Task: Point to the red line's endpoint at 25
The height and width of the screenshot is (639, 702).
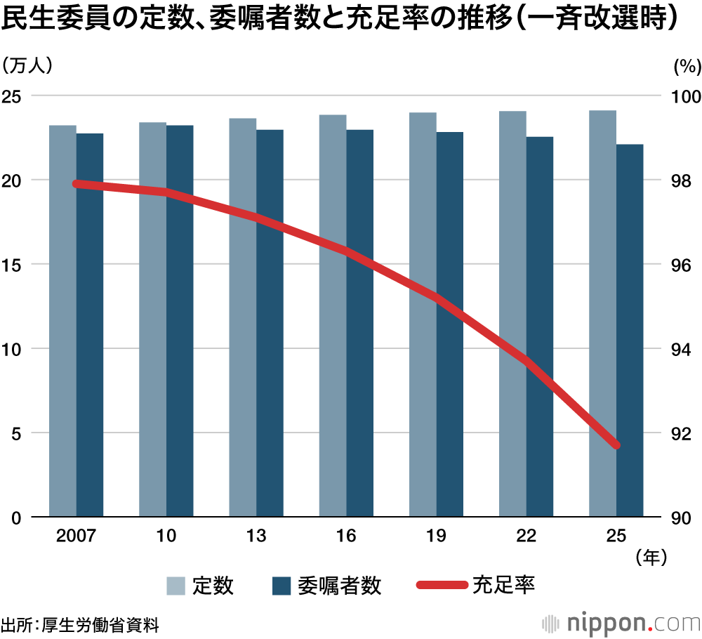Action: [616, 445]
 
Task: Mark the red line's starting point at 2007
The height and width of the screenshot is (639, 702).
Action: [77, 184]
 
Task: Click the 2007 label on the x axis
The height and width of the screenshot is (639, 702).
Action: [76, 536]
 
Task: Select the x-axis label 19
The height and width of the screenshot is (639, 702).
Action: [436, 536]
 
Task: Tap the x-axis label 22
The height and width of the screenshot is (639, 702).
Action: [526, 536]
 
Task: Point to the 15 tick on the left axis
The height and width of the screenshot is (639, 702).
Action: [16, 265]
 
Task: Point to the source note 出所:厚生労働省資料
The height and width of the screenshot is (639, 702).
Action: [80, 624]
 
